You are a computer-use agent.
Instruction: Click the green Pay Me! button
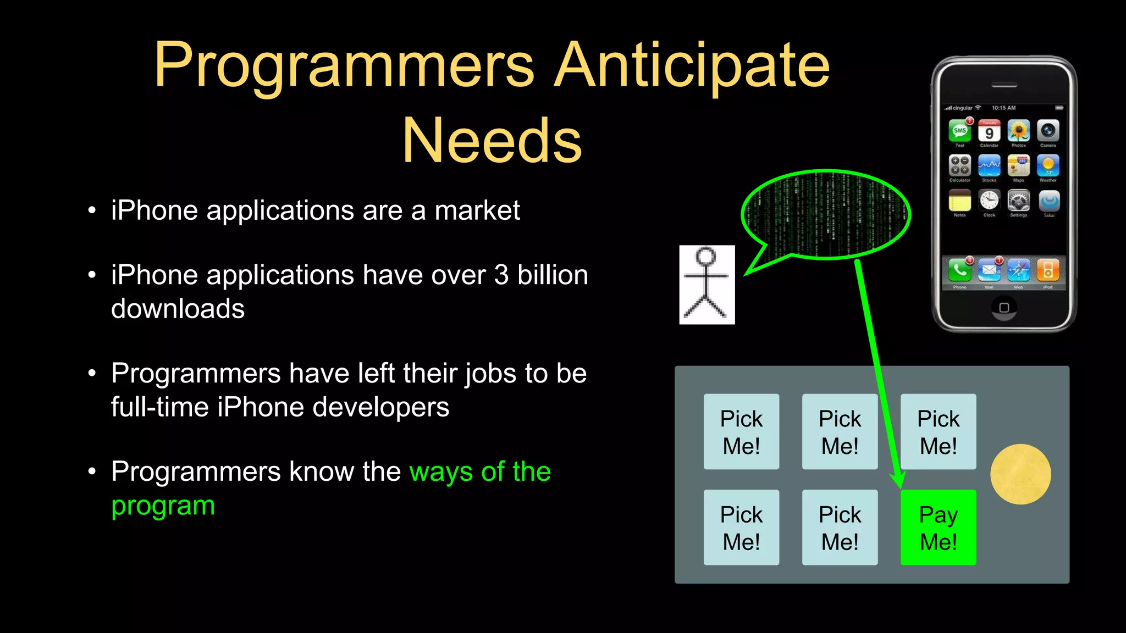tap(938, 527)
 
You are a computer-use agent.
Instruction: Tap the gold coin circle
tap(1020, 474)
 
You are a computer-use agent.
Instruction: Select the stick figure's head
tap(706, 257)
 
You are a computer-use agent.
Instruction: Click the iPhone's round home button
tap(1004, 307)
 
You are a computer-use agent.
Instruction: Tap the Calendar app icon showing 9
tap(989, 132)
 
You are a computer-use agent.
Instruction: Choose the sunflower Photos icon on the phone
tap(1018, 131)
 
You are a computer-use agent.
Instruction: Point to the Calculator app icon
tap(960, 165)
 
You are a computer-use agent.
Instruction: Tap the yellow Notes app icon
tap(960, 201)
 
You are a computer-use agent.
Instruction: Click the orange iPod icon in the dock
tap(1048, 270)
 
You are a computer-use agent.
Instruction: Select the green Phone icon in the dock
tap(959, 270)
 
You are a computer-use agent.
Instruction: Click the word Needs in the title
tap(492, 141)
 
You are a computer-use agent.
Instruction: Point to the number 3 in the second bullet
tap(501, 275)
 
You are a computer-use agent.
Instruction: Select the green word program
tap(163, 505)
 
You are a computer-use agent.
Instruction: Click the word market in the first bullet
tap(477, 210)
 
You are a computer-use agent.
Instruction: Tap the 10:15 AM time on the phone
tap(1003, 108)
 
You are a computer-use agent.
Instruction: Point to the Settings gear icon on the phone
tap(1018, 201)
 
